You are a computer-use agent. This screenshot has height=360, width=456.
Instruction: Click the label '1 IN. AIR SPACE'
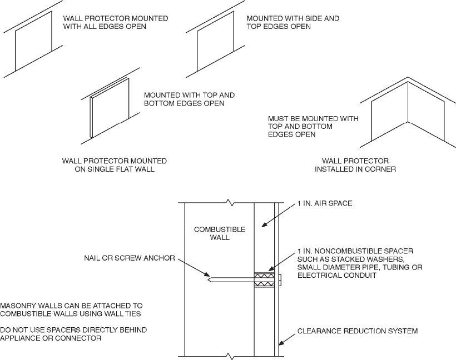click(x=324, y=204)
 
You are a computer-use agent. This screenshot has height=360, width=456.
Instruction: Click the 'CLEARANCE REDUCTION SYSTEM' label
click(x=357, y=331)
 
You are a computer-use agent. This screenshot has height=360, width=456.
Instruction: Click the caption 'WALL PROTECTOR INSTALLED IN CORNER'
click(x=355, y=165)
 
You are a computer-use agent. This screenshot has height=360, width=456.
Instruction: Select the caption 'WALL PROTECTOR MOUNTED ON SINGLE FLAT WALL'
click(x=115, y=165)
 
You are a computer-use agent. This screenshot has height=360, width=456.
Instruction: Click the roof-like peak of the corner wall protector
click(x=409, y=80)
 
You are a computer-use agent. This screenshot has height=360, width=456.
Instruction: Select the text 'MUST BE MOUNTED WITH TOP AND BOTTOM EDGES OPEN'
click(x=313, y=127)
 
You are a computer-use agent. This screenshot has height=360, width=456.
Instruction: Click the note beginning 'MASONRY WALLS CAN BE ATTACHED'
click(x=72, y=310)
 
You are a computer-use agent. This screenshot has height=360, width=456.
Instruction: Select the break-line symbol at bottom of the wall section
click(x=227, y=355)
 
